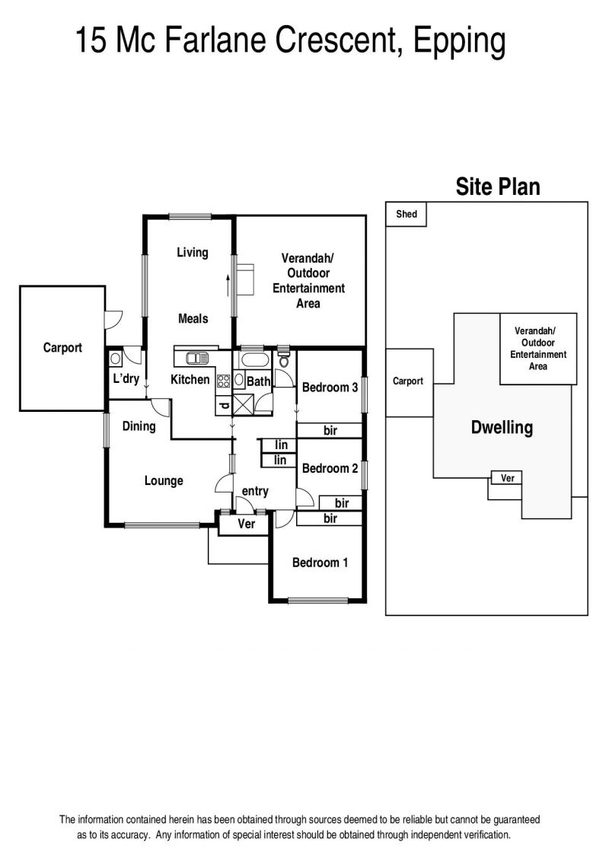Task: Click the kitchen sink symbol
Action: point(197,358)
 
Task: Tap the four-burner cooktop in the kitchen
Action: point(223,381)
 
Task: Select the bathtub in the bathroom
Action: point(253,360)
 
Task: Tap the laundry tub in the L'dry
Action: point(115,359)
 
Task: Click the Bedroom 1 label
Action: point(320,563)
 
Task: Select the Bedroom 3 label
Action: point(330,387)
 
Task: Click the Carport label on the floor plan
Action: point(62,348)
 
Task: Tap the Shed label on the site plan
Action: point(407,214)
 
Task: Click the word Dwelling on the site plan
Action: point(502,428)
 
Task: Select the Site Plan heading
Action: point(498,187)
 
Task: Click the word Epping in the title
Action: point(459,41)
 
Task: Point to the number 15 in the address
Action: point(91,40)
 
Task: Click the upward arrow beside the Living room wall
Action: point(228,285)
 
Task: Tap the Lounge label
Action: point(164,481)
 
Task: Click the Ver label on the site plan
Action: point(508,478)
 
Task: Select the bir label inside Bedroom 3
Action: point(330,431)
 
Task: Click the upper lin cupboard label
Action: point(281,445)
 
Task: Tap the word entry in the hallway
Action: point(255,492)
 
